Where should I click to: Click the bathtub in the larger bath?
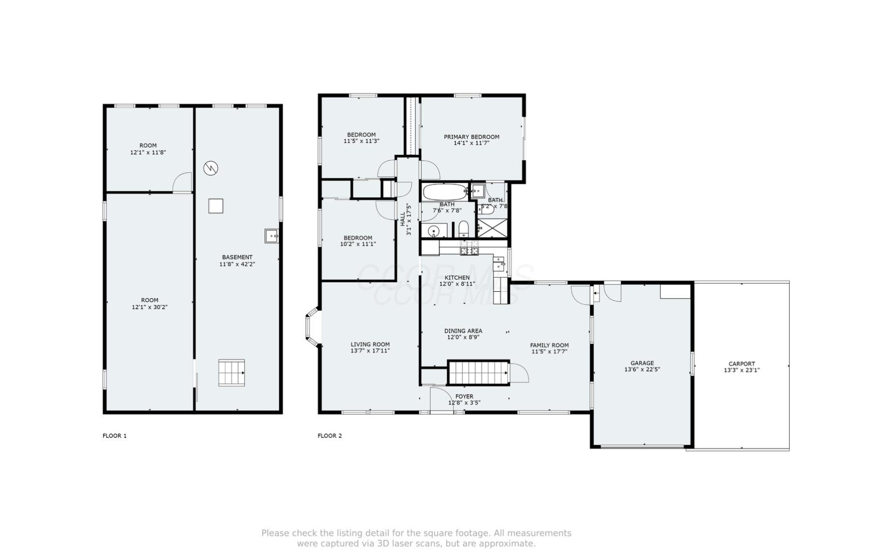pyautogui.click(x=445, y=192)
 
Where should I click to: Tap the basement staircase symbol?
pyautogui.click(x=231, y=373)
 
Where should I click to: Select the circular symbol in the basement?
pyautogui.click(x=211, y=168)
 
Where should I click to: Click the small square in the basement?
pyautogui.click(x=216, y=206)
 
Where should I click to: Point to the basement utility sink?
pyautogui.click(x=271, y=236)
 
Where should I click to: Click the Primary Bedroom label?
pyautogui.click(x=471, y=137)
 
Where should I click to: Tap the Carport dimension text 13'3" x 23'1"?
pyautogui.click(x=741, y=371)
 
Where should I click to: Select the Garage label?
pyautogui.click(x=642, y=363)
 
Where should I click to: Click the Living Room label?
pyautogui.click(x=370, y=344)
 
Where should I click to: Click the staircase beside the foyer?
pyautogui.click(x=478, y=373)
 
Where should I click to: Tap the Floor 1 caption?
pyautogui.click(x=115, y=435)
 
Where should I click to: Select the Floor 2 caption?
pyautogui.click(x=330, y=435)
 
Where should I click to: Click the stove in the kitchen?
pyautogui.click(x=469, y=250)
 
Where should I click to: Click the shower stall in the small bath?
pyautogui.click(x=492, y=227)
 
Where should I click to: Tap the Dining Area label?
pyautogui.click(x=463, y=331)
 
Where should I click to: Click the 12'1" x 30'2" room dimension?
pyautogui.click(x=150, y=307)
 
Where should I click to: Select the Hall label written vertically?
pyautogui.click(x=403, y=219)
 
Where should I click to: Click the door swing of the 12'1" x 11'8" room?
pyautogui.click(x=183, y=182)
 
